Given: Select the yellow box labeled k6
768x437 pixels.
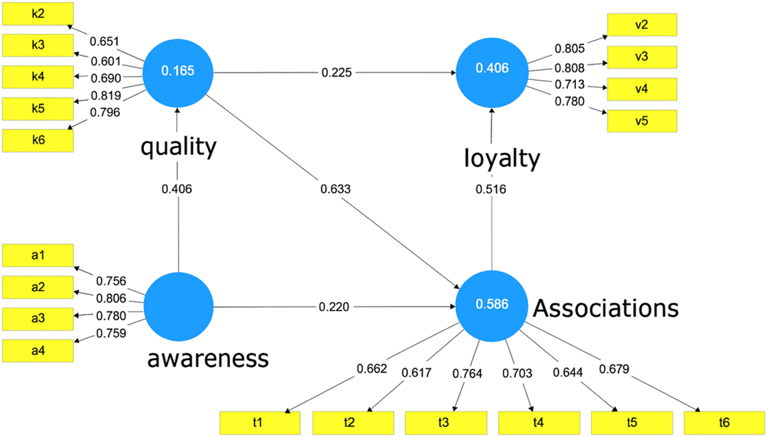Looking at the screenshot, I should (37, 140).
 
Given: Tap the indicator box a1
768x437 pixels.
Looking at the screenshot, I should (37, 254).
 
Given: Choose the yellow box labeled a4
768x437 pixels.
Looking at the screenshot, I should (37, 350).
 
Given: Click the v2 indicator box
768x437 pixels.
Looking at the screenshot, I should (642, 25).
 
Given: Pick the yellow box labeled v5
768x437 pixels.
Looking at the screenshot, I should (642, 121).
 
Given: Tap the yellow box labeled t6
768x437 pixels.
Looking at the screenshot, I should (723, 422).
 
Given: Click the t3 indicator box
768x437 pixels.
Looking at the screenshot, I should (443, 422).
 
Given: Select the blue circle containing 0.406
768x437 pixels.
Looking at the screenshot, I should (492, 68).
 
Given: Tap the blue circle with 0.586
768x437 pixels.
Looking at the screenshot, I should (492, 304).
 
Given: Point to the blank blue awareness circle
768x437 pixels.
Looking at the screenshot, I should (178, 306).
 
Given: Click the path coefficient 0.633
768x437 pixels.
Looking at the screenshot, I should (335, 189).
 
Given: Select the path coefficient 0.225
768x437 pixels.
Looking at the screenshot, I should (335, 72).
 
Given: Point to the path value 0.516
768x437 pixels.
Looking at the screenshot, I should (492, 189).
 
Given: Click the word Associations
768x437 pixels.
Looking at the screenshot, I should (605, 308).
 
